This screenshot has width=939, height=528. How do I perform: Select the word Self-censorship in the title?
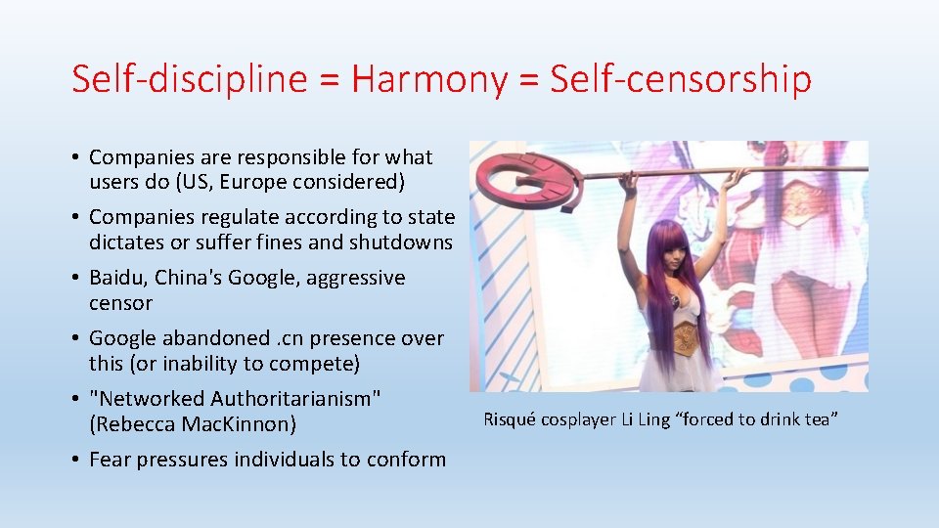point(681,80)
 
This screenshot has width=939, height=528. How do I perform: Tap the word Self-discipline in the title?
point(189,80)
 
